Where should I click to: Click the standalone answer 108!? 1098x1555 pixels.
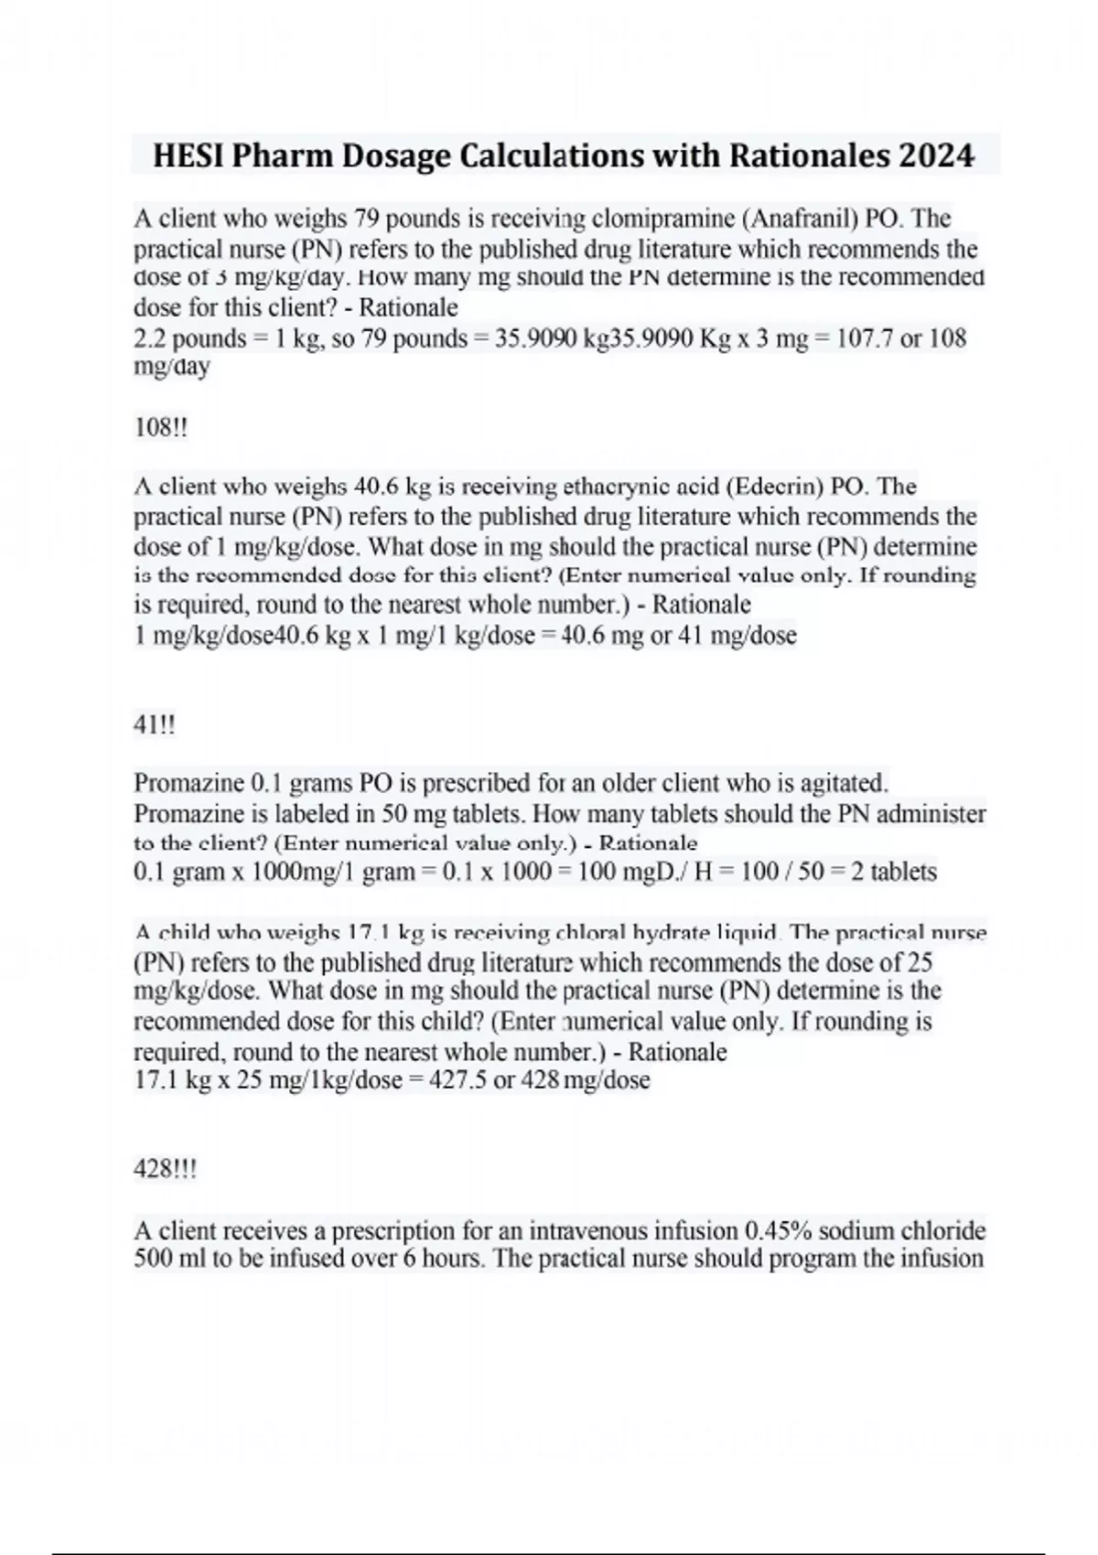pyautogui.click(x=160, y=427)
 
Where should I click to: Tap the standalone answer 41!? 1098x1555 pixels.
pyautogui.click(x=154, y=725)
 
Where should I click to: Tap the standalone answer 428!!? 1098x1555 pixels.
pyautogui.click(x=165, y=1170)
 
